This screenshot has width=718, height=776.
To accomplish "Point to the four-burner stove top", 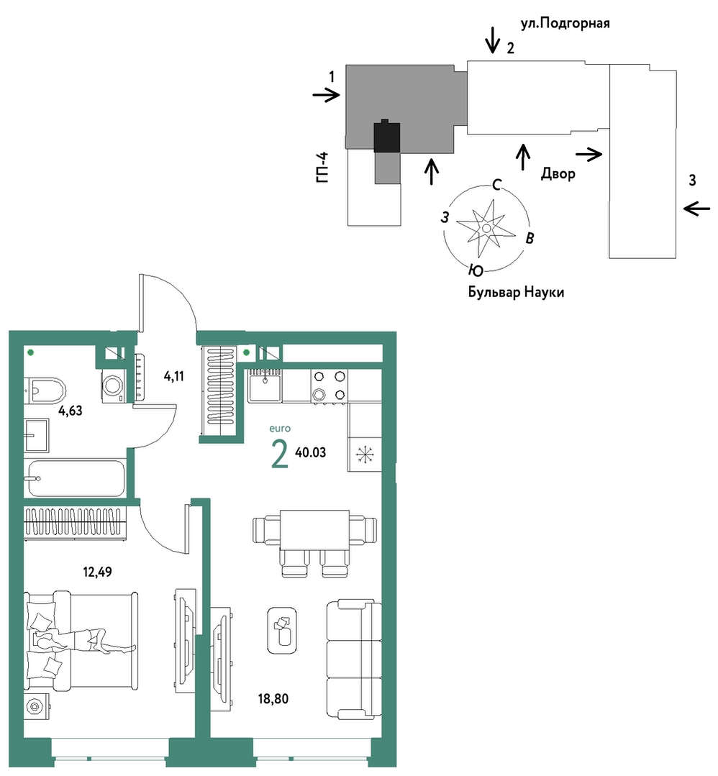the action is (x=330, y=386).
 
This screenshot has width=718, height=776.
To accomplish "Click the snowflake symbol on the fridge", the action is (x=365, y=455).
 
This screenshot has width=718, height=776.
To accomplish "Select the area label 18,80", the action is (x=273, y=699).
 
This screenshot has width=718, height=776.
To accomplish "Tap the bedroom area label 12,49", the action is (x=97, y=572).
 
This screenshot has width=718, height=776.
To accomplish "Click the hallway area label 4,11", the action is (x=174, y=377).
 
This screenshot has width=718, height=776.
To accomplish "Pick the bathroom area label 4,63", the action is (x=71, y=411).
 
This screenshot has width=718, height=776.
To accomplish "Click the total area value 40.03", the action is (x=311, y=452).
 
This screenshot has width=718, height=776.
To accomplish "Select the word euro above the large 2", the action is (x=280, y=429).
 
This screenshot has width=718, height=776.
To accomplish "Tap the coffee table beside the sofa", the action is (x=282, y=630).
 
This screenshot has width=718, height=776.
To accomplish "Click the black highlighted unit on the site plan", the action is (x=387, y=136).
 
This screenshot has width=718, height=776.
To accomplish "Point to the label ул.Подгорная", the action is (x=565, y=23).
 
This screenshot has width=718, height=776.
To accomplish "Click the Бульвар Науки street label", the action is (x=516, y=292).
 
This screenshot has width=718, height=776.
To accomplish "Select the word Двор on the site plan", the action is (x=558, y=174).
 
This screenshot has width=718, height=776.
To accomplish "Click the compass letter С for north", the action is (x=496, y=185).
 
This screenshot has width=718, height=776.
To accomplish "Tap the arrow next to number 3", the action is (x=696, y=209).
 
